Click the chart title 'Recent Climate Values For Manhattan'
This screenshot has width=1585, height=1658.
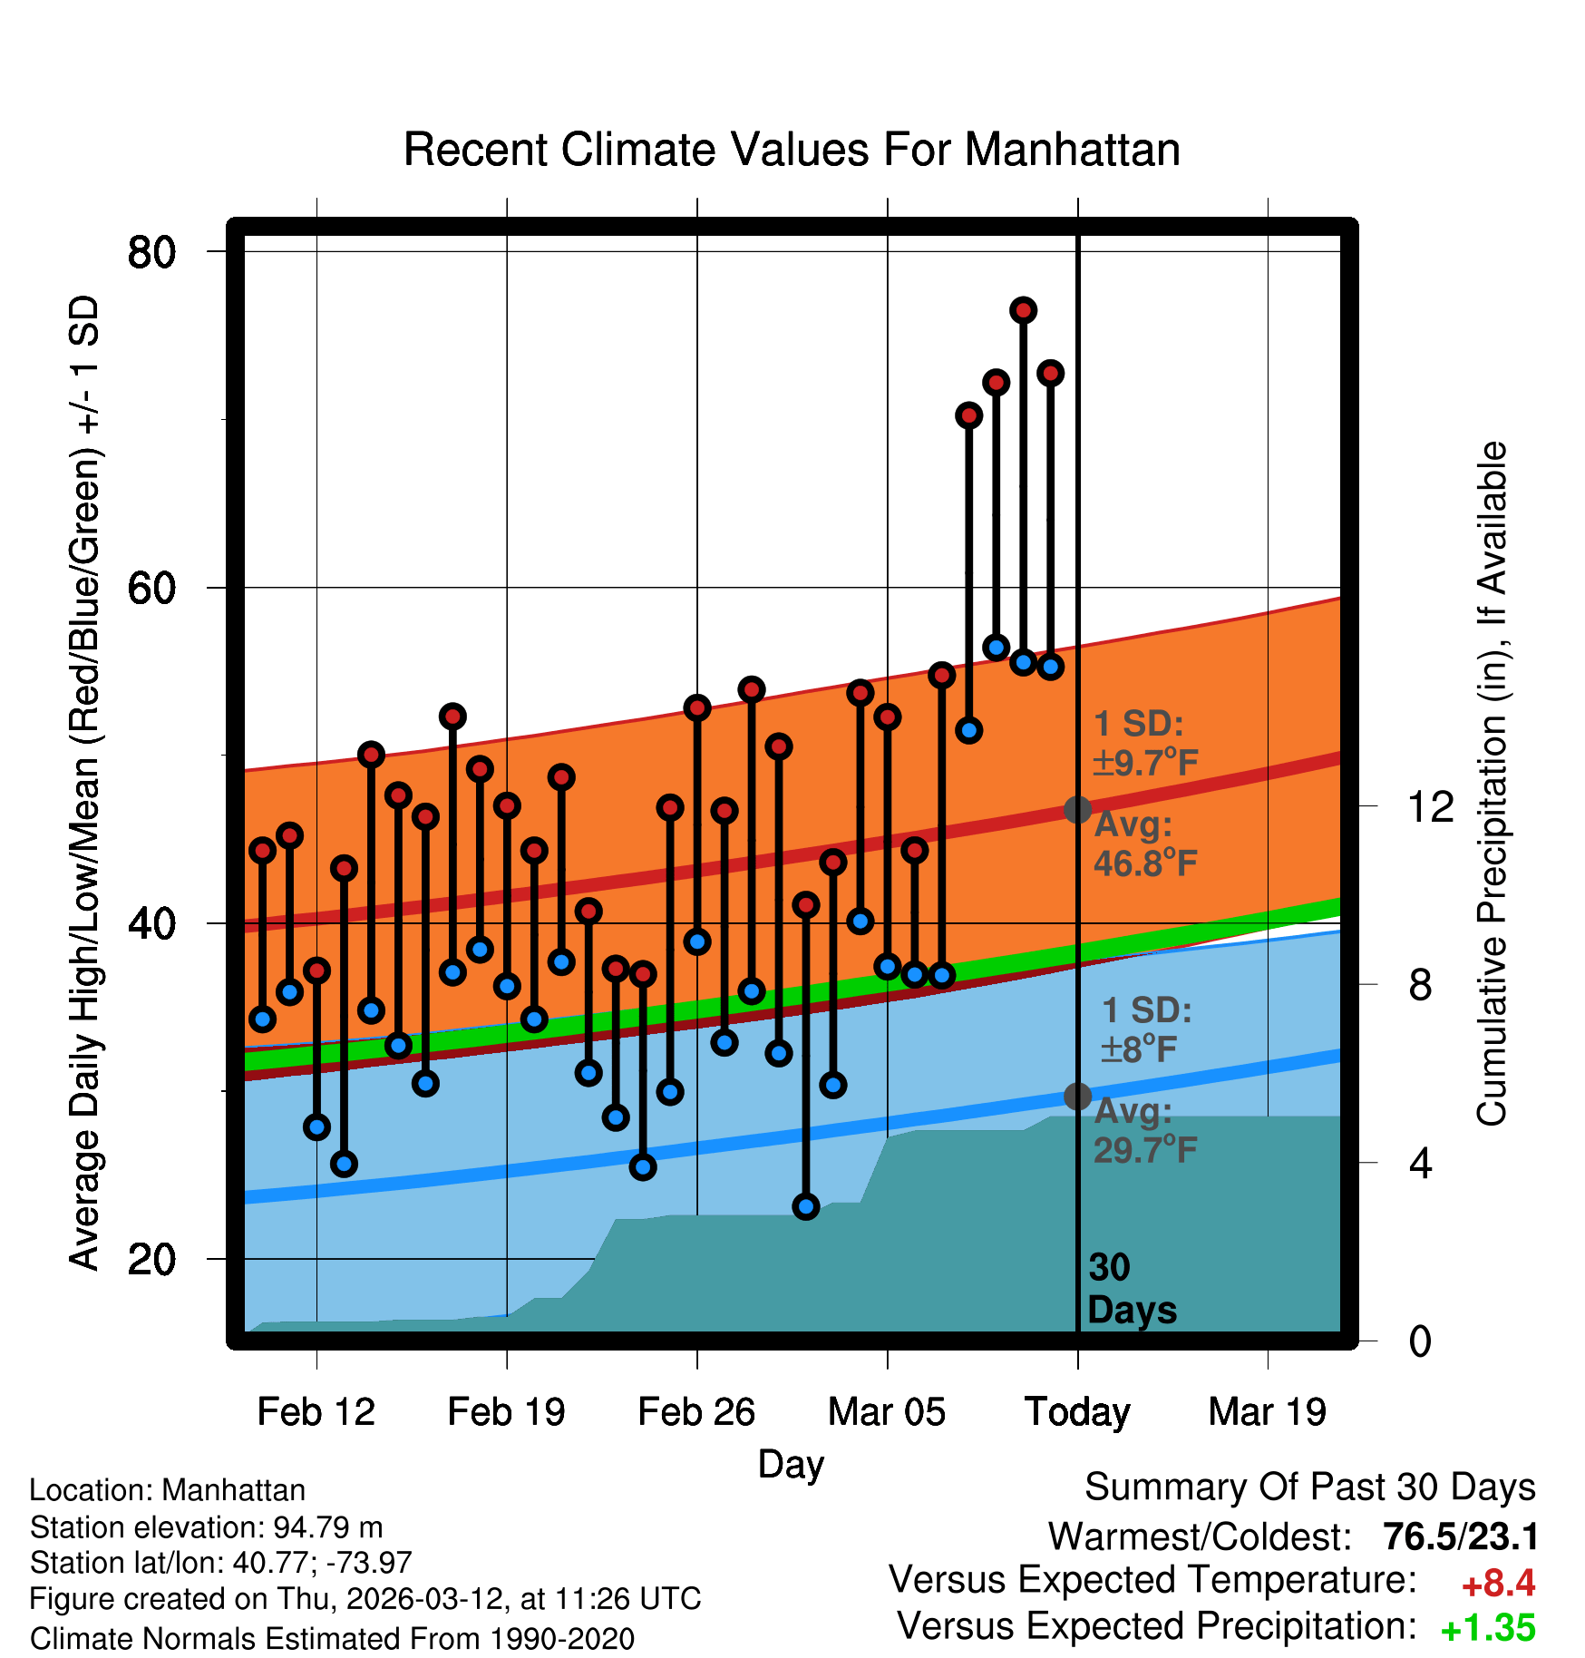[x=792, y=150]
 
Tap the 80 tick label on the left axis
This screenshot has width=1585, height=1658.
[x=151, y=252]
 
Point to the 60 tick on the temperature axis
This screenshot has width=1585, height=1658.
[x=151, y=589]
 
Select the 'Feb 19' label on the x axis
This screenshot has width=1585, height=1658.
[x=506, y=1411]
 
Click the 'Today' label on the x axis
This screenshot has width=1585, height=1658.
[x=1077, y=1411]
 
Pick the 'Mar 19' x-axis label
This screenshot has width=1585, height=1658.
[x=1267, y=1411]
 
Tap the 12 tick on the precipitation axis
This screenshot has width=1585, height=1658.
[x=1430, y=806]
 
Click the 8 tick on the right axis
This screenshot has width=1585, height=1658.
[x=1420, y=985]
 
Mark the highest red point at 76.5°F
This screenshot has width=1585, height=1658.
[x=1024, y=310]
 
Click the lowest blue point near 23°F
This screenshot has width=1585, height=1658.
[x=806, y=1206]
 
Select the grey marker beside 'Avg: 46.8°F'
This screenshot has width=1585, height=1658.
[x=1077, y=810]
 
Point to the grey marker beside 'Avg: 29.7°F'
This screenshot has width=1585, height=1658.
[x=1077, y=1097]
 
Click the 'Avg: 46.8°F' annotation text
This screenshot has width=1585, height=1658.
[x=1144, y=844]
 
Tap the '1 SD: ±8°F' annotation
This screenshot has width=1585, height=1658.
[x=1144, y=1030]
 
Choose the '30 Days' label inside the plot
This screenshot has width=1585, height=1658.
[x=1131, y=1289]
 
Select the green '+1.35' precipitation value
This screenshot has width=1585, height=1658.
[x=1488, y=1628]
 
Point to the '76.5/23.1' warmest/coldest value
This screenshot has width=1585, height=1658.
[x=1460, y=1536]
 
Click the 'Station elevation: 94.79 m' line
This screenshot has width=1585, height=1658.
[x=206, y=1527]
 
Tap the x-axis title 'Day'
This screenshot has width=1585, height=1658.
[x=791, y=1464]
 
